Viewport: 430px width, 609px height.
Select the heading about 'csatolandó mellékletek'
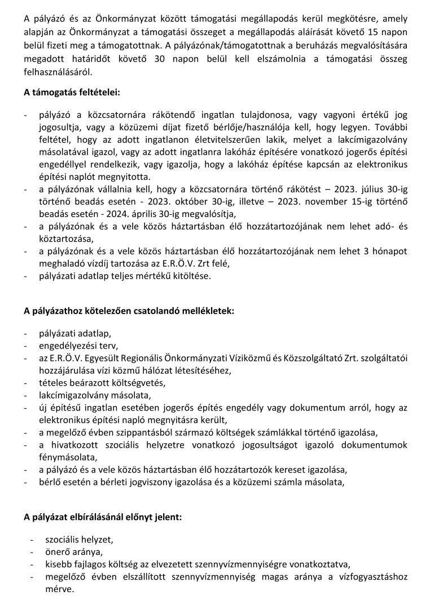coord(129,310)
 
